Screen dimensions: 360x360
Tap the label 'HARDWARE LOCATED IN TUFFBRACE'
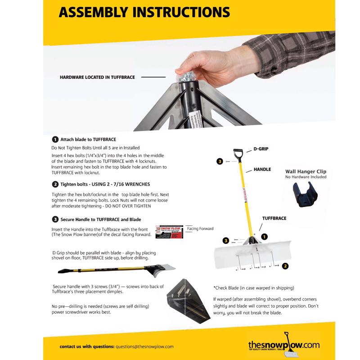pyautogui.click(x=97, y=77)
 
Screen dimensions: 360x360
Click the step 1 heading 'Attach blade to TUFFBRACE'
pyautogui.click(x=88, y=140)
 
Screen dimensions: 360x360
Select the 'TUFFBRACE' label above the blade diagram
pyautogui.click(x=274, y=218)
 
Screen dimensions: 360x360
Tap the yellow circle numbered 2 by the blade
pyautogui.click(x=285, y=265)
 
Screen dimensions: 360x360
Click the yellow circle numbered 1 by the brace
pyautogui.click(x=265, y=236)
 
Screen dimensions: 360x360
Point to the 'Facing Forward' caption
pyautogui.click(x=200, y=229)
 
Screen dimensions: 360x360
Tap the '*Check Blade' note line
pyautogui.click(x=253, y=288)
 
